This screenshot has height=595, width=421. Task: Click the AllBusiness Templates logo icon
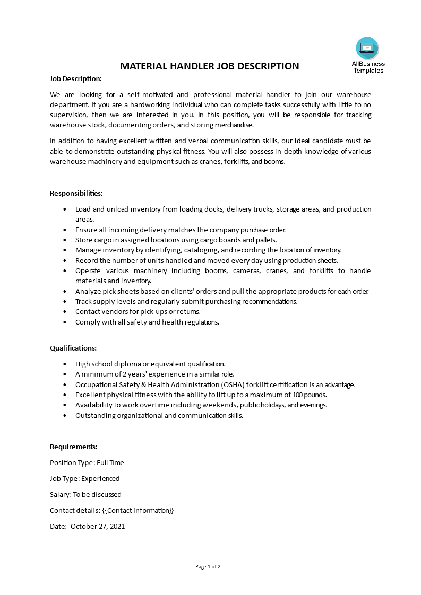(x=367, y=48)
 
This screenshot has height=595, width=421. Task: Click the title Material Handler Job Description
(x=210, y=66)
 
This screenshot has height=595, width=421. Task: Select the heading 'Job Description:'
(x=75, y=78)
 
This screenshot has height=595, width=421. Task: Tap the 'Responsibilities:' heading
(x=76, y=194)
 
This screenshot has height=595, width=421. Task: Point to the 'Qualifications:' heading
(x=73, y=348)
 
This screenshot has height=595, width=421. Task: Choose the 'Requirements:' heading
(x=73, y=447)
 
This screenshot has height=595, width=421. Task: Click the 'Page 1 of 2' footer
(x=208, y=566)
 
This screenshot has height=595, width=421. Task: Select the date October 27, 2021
(x=98, y=527)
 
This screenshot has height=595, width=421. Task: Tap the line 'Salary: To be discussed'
(x=85, y=494)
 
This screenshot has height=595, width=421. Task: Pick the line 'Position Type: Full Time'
(x=87, y=462)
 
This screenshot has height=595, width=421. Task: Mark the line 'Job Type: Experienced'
(x=84, y=478)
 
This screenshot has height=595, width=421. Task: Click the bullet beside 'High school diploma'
(x=64, y=364)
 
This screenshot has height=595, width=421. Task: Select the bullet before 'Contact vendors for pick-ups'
(x=64, y=312)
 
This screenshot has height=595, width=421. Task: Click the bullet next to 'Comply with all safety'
(x=64, y=322)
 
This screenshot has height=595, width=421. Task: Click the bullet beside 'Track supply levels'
(x=64, y=301)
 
